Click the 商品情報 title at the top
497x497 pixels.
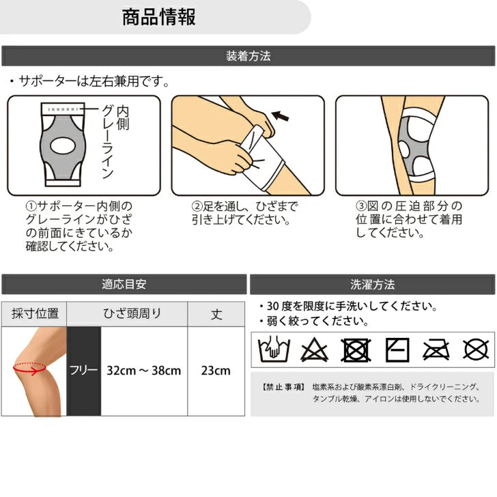pos(159,17)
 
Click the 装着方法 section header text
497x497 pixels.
pos(248,56)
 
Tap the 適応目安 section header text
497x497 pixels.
pos(124,284)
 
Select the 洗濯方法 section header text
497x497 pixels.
pos(373,284)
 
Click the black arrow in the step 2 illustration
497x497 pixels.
pos(280,116)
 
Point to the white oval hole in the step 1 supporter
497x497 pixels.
pos(63,146)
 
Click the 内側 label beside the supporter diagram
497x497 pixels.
pos(123,118)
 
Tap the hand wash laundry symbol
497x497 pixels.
pos(274,350)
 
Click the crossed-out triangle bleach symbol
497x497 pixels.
pos(314,350)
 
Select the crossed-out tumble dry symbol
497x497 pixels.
pos(356,350)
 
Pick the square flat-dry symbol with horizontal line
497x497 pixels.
pos(397,350)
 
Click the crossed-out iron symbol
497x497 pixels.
pos(436,350)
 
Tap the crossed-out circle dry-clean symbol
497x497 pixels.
pos(476,350)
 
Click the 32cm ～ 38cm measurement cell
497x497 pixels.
pos(143,371)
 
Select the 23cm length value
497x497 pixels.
pos(216,371)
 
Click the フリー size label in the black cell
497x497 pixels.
pos(83,370)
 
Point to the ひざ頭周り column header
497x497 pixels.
pos(132,313)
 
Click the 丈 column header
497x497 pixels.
pos(217,314)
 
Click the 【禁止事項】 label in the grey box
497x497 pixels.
pos(284,386)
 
